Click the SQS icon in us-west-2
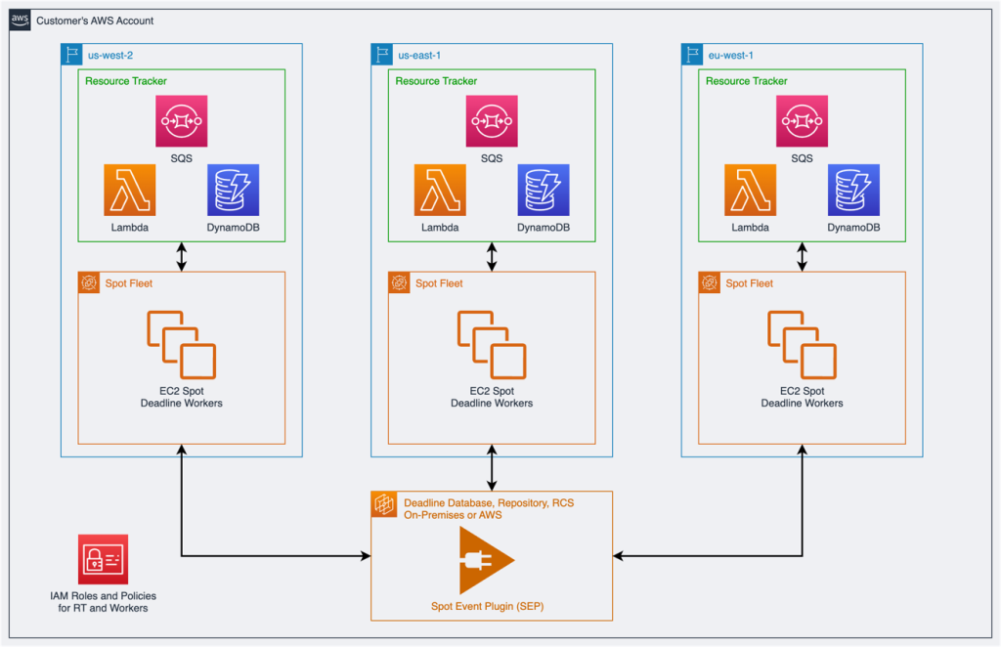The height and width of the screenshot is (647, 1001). tap(181, 121)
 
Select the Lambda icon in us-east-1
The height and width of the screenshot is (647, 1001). tap(440, 190)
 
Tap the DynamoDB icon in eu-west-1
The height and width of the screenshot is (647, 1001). tap(853, 190)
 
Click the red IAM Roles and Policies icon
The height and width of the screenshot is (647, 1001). tap(103, 559)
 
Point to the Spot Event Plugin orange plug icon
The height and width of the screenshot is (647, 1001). tap(486, 561)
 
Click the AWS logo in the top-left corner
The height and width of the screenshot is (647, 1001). tap(20, 20)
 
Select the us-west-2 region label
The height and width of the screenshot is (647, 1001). tap(111, 56)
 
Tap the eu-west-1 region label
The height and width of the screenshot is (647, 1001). tap(732, 56)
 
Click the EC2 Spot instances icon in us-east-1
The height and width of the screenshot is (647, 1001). tap(492, 344)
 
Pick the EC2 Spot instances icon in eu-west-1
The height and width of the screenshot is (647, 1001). tap(802, 344)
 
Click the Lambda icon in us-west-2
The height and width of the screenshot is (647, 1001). tap(129, 190)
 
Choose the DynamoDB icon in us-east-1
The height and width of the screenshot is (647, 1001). tap(544, 190)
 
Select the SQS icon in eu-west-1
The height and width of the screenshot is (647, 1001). tap(802, 121)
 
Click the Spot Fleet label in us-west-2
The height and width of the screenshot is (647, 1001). tap(128, 283)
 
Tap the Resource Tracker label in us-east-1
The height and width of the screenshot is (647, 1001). tap(436, 81)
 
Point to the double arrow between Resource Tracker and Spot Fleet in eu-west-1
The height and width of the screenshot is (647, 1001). tap(802, 256)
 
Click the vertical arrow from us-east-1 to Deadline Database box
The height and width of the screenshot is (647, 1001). tap(492, 468)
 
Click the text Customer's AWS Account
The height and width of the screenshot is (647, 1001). tap(95, 21)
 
